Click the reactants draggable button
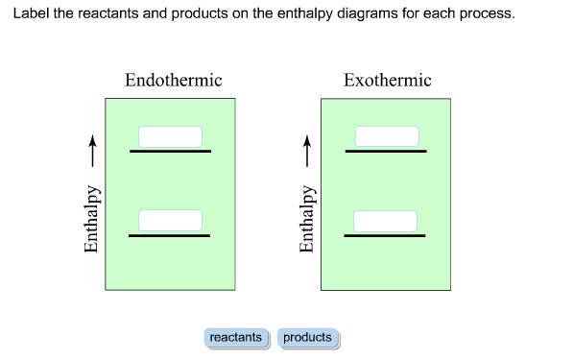click(235, 338)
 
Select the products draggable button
click(307, 338)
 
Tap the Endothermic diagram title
click(173, 81)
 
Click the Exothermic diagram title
click(388, 81)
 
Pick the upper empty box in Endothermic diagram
click(170, 136)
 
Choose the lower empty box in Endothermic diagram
click(170, 220)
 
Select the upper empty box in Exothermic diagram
click(387, 136)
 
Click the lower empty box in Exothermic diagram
click(386, 221)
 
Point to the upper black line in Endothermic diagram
click(171, 151)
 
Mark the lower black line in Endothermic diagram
click(170, 235)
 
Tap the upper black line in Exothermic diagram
click(386, 151)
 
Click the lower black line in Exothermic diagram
click(386, 235)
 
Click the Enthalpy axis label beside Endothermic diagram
click(92, 219)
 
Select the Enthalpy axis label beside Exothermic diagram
click(308, 219)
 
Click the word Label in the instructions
click(30, 15)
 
